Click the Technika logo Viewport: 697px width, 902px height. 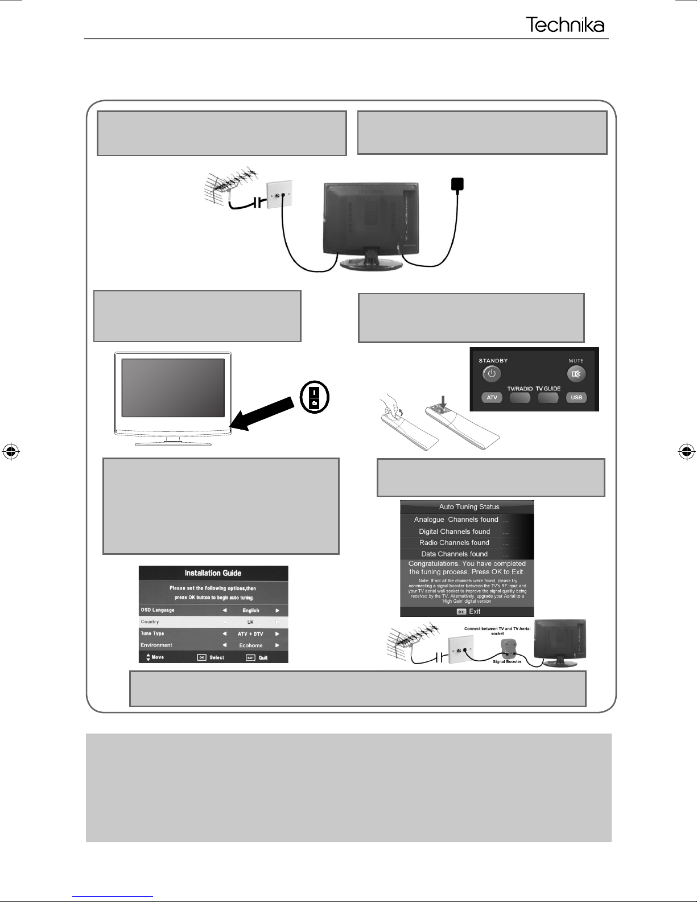coord(565,25)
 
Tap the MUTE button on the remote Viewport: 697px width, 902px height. coord(576,374)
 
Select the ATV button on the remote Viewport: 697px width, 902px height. coord(492,397)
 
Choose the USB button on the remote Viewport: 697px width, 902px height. coord(576,397)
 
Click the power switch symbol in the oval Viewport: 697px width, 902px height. coord(314,398)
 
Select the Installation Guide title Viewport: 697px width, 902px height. coord(213,573)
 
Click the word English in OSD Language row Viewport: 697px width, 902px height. coord(250,610)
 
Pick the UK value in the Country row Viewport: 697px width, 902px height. coord(250,622)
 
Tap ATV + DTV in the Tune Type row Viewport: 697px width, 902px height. coord(250,633)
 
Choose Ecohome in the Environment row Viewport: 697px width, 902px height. coord(250,645)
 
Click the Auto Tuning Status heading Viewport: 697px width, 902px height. coord(469,506)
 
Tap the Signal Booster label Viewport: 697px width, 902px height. coord(506,661)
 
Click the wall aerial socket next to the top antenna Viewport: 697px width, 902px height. coord(279,194)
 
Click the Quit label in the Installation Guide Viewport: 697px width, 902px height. coord(263,657)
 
